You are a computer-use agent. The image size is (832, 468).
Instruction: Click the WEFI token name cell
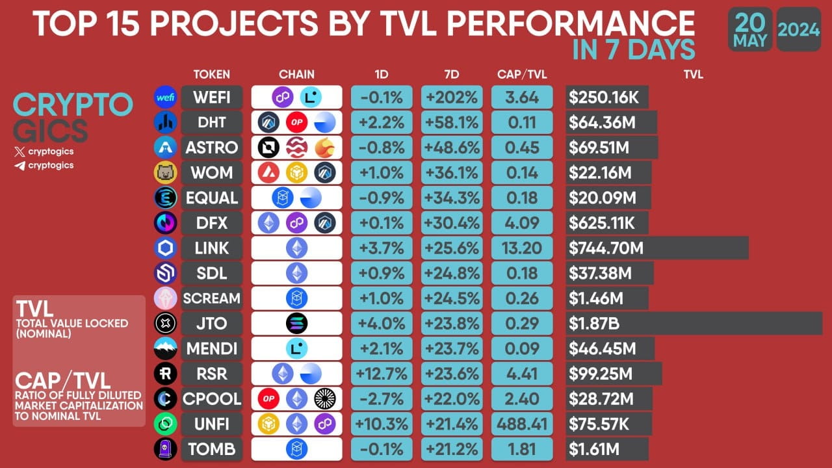[211, 97]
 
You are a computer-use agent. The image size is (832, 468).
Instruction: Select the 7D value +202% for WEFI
[452, 97]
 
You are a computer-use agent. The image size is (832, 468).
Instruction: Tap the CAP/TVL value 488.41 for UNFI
[522, 424]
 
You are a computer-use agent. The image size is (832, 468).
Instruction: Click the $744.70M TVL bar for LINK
[656, 248]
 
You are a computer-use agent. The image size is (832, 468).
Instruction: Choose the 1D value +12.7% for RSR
[382, 373]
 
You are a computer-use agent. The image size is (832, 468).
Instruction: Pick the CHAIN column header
[296, 74]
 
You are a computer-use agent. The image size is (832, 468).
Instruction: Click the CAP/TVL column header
[522, 74]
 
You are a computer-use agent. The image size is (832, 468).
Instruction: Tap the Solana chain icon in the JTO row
[296, 323]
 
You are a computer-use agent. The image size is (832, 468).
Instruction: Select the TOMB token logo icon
[165, 448]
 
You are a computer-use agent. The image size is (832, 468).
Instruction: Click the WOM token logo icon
[165, 172]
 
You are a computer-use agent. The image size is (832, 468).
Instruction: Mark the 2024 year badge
[798, 29]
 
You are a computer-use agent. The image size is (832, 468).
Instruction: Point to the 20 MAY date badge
[750, 29]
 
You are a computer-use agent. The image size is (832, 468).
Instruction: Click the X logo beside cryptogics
[19, 151]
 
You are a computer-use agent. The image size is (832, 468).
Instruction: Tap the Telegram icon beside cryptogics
[19, 166]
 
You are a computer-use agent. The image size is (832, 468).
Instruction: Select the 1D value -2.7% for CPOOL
[382, 398]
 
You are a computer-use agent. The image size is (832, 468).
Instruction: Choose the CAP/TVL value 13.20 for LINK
[522, 248]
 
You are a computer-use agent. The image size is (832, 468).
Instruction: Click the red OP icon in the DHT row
[296, 122]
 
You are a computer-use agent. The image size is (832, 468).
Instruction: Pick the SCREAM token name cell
[211, 298]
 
